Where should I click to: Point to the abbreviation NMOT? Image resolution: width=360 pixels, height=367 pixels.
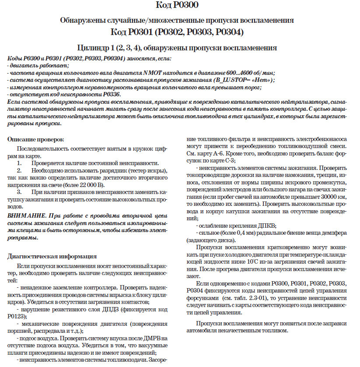(x=149, y=73)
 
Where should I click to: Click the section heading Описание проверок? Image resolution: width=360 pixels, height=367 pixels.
(x=35, y=139)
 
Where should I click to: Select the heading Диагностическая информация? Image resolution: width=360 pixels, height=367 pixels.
(x=52, y=256)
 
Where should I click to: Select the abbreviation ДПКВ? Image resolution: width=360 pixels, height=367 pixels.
(x=267, y=225)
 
